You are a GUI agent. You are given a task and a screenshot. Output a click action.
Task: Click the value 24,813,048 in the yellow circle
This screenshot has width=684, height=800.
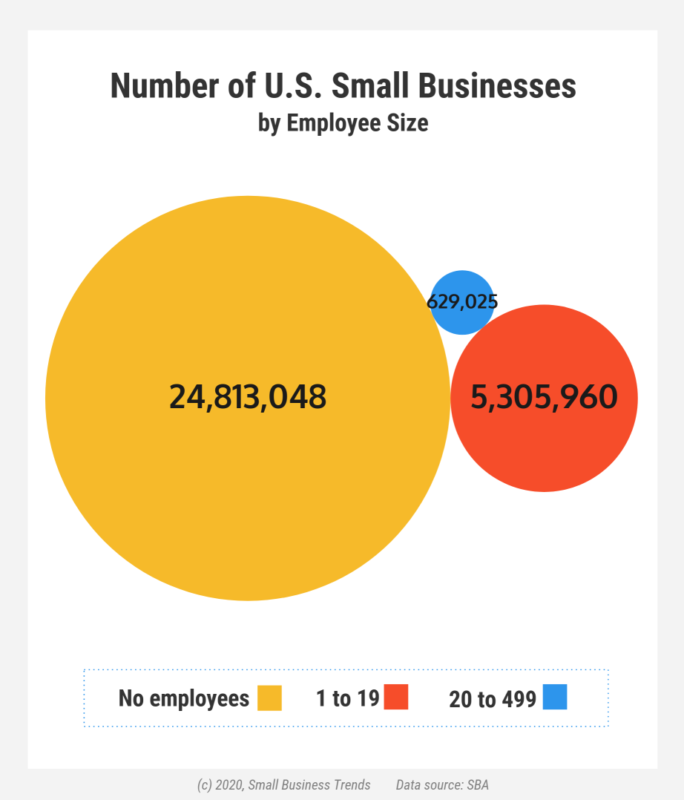pyautogui.click(x=248, y=397)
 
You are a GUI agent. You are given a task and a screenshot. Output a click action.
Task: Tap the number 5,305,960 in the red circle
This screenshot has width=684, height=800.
pyautogui.click(x=544, y=397)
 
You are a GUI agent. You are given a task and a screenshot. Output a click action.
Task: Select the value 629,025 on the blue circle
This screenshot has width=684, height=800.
pyautogui.click(x=461, y=302)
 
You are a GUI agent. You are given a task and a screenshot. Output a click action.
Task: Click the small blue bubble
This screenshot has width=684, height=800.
pyautogui.click(x=462, y=286)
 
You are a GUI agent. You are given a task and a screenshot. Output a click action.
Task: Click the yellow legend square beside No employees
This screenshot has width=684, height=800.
pyautogui.click(x=269, y=698)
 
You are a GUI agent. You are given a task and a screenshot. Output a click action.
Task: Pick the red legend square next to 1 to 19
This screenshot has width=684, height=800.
pyautogui.click(x=396, y=698)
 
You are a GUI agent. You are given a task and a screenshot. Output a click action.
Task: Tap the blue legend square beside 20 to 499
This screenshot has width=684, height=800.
pyautogui.click(x=555, y=698)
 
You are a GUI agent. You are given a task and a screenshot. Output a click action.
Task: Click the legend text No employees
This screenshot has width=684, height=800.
pyautogui.click(x=184, y=698)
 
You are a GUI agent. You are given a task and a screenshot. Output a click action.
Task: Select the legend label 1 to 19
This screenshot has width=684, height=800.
pyautogui.click(x=347, y=698)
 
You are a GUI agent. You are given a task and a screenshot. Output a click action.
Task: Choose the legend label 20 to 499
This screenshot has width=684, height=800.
pyautogui.click(x=493, y=699)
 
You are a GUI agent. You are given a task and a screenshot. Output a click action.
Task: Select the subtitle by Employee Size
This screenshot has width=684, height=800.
pyautogui.click(x=343, y=122)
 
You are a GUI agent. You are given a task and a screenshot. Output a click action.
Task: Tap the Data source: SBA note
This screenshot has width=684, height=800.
pyautogui.click(x=442, y=785)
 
